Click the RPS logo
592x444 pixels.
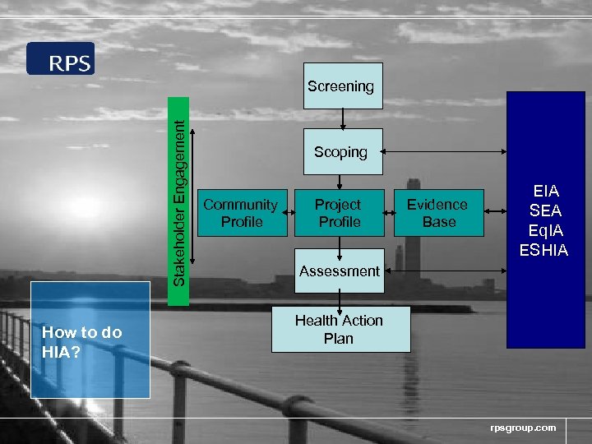(61, 59)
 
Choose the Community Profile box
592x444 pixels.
(241, 213)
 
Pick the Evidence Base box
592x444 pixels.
(438, 213)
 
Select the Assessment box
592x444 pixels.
(340, 271)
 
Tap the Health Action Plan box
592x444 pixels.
(340, 329)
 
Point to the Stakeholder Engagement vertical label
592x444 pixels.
(178, 201)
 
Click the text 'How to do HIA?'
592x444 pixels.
(81, 341)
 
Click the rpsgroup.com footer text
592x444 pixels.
(523, 428)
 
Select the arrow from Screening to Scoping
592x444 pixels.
(343, 118)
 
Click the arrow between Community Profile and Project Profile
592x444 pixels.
(291, 213)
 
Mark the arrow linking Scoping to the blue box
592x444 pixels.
(444, 152)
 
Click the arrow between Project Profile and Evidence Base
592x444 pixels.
(390, 213)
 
